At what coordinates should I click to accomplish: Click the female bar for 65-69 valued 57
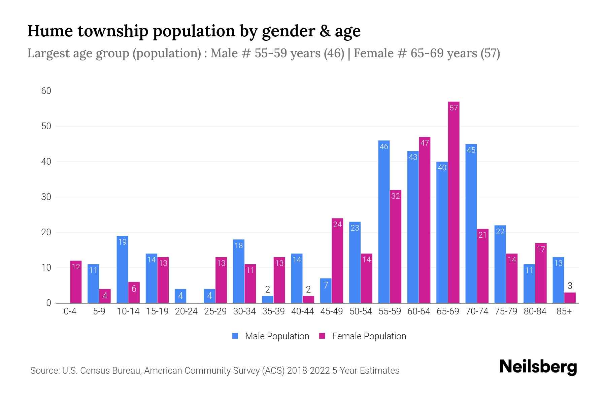(x=453, y=202)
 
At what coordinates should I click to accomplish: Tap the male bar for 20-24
(x=180, y=296)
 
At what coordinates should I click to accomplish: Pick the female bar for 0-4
(x=76, y=282)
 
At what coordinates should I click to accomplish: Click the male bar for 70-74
(x=471, y=224)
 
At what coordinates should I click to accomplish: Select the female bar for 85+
(x=570, y=298)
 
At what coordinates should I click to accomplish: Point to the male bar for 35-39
(x=268, y=299)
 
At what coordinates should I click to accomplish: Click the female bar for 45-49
(x=337, y=261)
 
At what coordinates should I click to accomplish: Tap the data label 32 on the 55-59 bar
(x=395, y=196)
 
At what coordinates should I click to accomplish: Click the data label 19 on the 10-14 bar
(x=122, y=242)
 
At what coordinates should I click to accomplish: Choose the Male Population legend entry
(x=270, y=336)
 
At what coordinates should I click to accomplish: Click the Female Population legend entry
(x=363, y=336)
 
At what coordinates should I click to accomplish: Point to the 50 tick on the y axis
(x=46, y=126)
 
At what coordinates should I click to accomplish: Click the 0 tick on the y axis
(x=48, y=303)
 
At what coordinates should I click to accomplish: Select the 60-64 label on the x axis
(x=418, y=311)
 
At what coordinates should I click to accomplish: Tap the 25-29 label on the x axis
(x=215, y=311)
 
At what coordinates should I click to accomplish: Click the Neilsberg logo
(x=538, y=367)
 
